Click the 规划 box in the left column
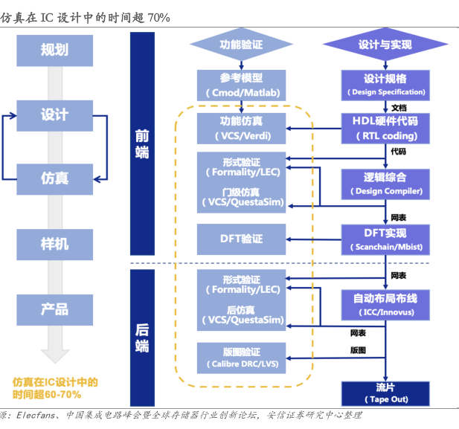55,50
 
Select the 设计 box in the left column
55,114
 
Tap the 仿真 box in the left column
55,178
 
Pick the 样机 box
55,243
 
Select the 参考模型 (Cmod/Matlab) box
241,86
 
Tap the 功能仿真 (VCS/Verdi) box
241,128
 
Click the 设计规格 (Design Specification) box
386,86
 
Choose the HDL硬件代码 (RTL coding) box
386,128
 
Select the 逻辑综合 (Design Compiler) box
386,184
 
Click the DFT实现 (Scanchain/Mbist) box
386,239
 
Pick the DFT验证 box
241,239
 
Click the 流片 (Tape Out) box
386,393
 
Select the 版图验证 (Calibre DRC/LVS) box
241,358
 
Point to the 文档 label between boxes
399,107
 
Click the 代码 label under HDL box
399,152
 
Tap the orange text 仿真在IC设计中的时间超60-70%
55,387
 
